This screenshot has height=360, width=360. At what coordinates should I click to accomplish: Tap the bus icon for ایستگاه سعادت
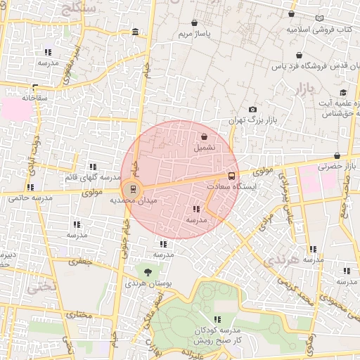(231, 176)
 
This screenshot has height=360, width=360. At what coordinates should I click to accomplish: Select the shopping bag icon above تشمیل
(204, 137)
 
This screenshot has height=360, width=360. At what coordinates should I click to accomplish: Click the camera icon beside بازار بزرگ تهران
(253, 110)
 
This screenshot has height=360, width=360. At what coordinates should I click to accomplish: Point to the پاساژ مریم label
(194, 33)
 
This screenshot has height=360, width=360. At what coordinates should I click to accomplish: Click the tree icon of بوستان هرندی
(148, 272)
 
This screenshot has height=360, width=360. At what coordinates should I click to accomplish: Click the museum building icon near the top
(135, 32)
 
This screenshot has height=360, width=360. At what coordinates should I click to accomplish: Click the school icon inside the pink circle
(196, 209)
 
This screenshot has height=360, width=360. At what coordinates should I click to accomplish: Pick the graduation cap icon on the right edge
(343, 93)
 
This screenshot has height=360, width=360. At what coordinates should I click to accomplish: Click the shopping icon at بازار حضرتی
(337, 156)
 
